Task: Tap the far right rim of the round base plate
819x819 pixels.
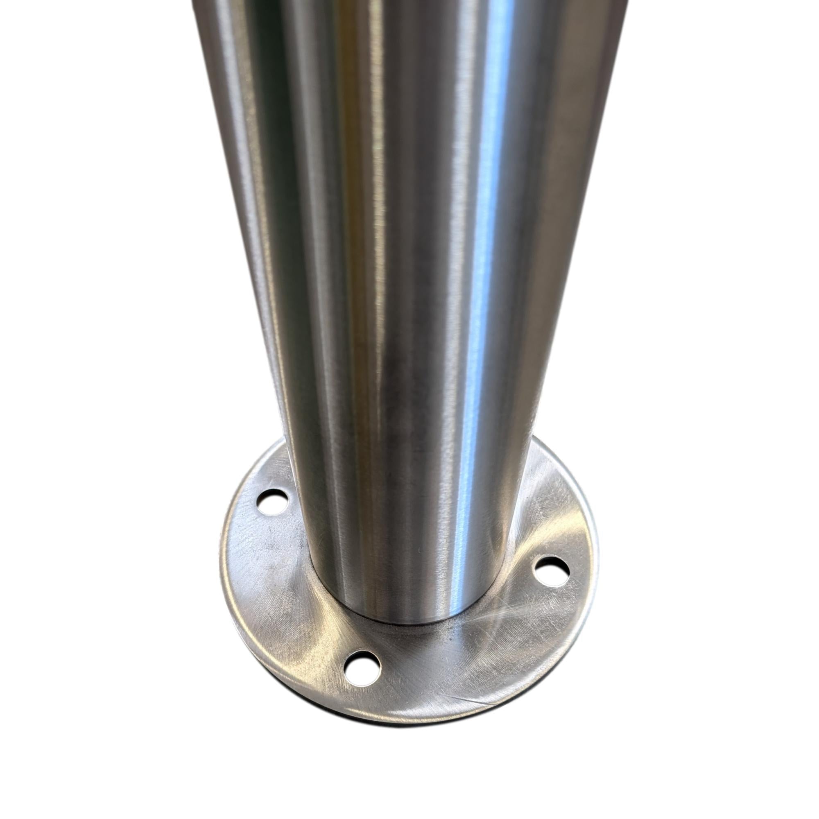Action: point(595,564)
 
